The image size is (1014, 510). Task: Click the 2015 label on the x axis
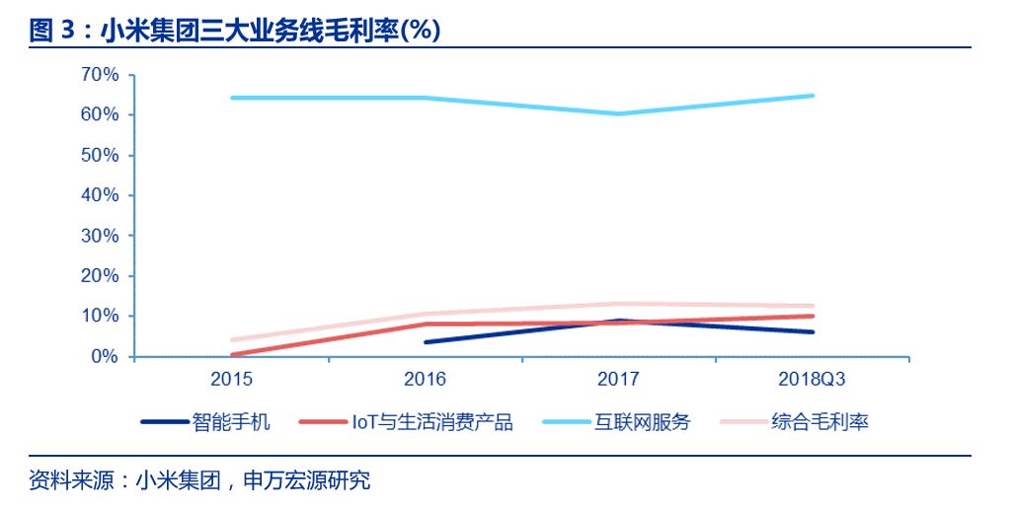(232, 379)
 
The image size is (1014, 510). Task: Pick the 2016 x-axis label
(426, 379)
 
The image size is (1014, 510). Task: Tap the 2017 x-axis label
(619, 379)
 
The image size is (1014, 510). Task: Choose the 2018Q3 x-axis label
(813, 379)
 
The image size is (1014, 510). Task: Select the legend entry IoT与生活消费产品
(433, 422)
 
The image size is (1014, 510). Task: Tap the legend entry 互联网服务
(642, 422)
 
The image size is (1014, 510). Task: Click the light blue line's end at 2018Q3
(813, 96)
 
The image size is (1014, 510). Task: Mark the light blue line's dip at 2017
(619, 113)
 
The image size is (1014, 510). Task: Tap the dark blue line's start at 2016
(426, 342)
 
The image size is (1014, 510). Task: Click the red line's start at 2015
(232, 355)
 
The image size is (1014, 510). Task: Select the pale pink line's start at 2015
(232, 340)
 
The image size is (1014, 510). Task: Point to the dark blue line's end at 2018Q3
(813, 331)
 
